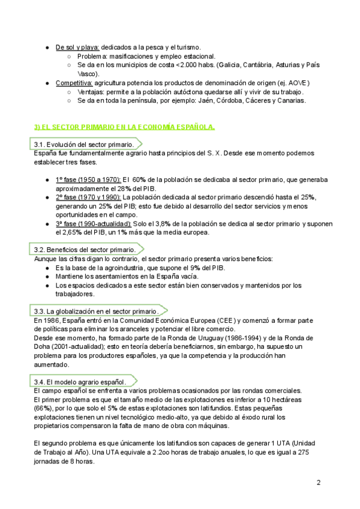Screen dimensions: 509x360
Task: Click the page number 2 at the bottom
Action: [319, 483]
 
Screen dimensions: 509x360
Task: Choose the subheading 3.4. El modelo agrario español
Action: [80, 382]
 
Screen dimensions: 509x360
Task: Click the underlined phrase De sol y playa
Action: [77, 47]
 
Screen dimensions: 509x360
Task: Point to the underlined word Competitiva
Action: [74, 82]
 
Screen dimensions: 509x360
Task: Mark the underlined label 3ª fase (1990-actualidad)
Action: [93, 223]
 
